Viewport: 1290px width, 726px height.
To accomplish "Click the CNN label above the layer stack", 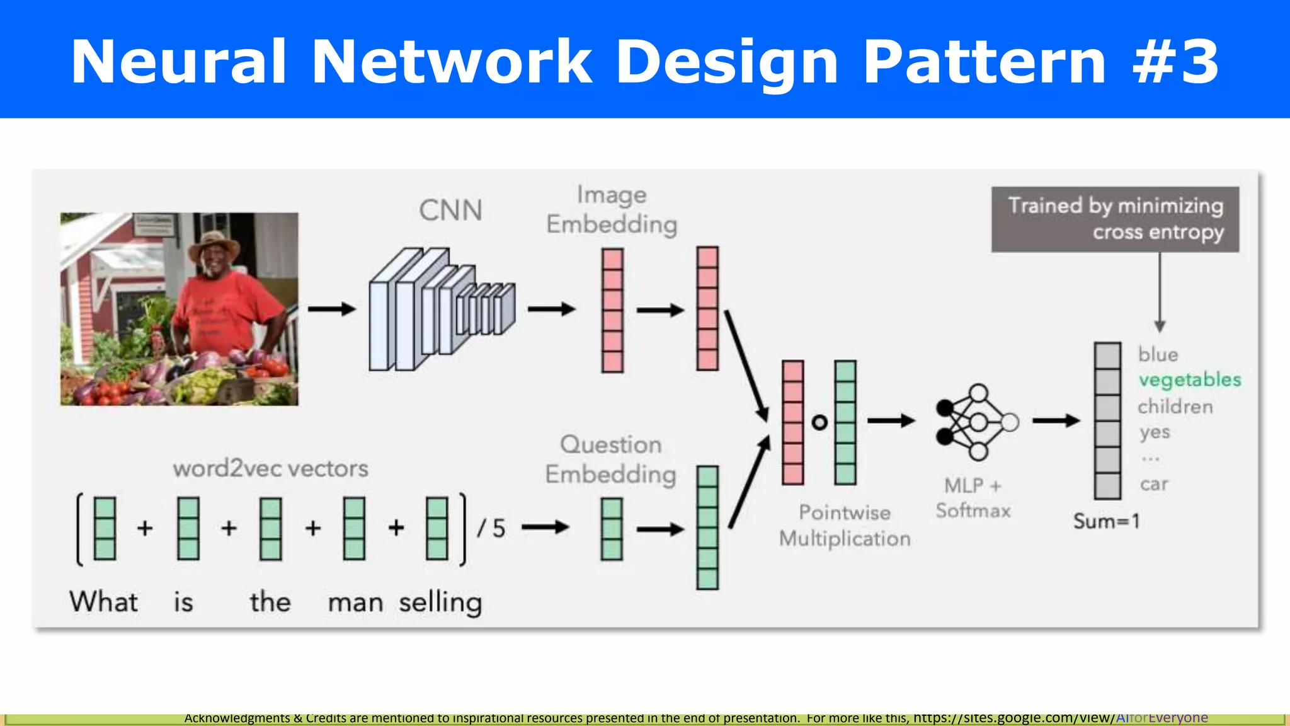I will tap(450, 210).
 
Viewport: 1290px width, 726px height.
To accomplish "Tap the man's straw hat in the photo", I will tap(214, 245).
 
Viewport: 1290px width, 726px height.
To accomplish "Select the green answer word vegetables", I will tap(1189, 380).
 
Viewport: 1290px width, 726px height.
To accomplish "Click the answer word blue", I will tap(1158, 354).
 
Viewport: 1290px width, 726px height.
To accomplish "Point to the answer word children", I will tap(1175, 406).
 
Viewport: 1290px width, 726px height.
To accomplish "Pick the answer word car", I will tap(1154, 484).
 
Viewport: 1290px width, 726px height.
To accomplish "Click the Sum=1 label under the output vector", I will tap(1106, 521).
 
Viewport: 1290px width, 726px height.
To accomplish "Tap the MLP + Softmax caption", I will tap(973, 498).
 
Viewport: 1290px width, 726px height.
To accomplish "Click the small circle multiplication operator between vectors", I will tap(819, 422).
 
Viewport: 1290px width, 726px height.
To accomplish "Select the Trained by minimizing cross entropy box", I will tap(1115, 219).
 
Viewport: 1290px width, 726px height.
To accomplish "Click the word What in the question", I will tap(104, 601).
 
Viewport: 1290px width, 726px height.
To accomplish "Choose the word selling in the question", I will tap(440, 602).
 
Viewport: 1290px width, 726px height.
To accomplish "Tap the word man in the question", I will tap(355, 602).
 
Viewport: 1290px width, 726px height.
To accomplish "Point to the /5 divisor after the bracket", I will tap(491, 528).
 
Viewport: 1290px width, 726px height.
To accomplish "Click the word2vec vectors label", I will tap(270, 468).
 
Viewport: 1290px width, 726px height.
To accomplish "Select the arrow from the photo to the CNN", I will tap(332, 309).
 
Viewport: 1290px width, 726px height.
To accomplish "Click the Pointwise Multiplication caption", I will tap(844, 525).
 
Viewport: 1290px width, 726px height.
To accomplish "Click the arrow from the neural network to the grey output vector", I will tap(1056, 420).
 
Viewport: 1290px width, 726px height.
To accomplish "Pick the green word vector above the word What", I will tap(105, 528).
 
